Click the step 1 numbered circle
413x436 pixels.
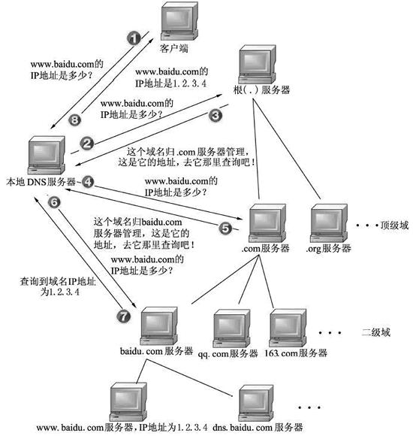[134, 37]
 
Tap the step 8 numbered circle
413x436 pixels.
[74, 119]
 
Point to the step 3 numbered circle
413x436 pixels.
[216, 115]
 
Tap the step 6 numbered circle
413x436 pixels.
[53, 201]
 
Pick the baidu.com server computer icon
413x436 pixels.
[163, 322]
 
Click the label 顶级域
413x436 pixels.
[394, 224]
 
